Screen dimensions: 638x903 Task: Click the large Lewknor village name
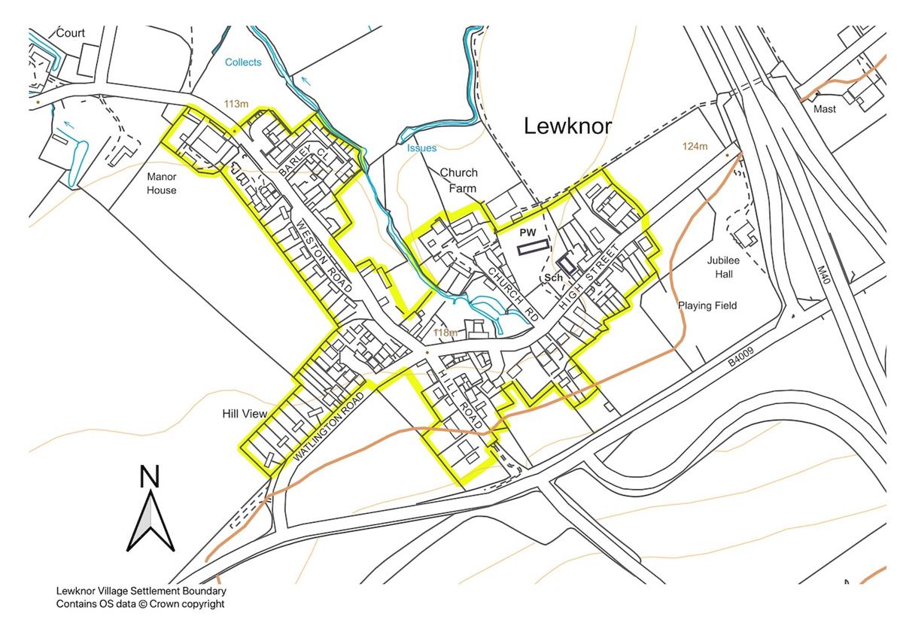(568, 126)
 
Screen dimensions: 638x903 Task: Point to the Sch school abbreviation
(554, 278)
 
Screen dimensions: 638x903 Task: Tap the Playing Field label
(707, 305)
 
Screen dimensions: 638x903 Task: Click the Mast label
(825, 109)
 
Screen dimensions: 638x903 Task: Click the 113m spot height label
(236, 103)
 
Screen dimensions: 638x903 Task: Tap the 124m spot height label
(695, 146)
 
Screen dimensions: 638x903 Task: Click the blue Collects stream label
(243, 62)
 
